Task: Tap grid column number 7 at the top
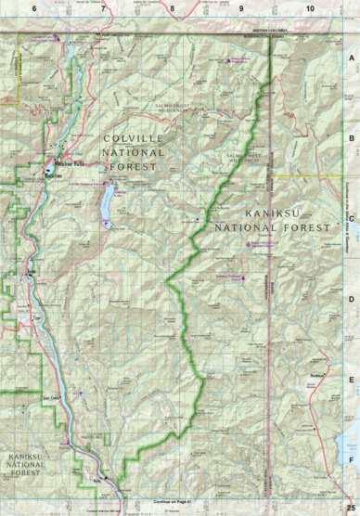tap(103, 7)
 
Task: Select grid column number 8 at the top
tap(172, 7)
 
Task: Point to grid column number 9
tap(240, 7)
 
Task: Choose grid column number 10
tap(309, 7)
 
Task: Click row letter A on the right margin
tap(352, 57)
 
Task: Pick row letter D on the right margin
tap(352, 299)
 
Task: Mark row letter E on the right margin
tap(352, 380)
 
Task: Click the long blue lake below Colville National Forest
tap(109, 204)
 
